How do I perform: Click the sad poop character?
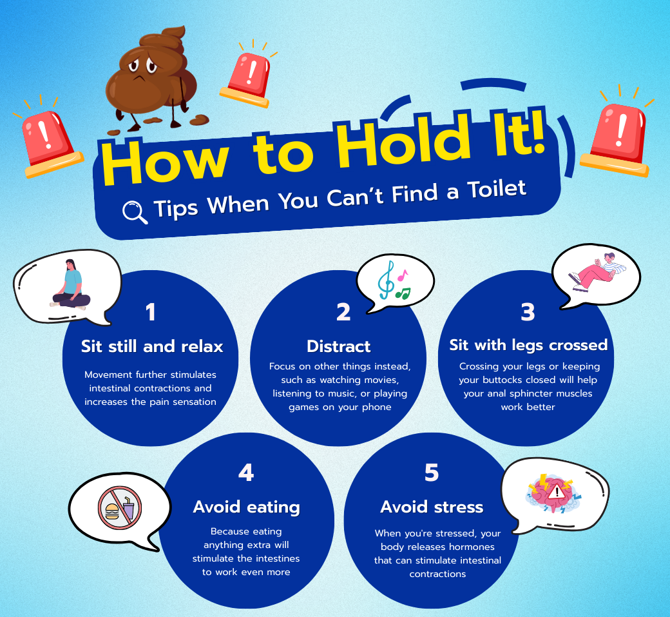pos(151,79)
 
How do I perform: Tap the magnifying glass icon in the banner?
pos(135,211)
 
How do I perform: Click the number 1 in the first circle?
pos(150,312)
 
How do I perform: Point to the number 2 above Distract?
pos(343,312)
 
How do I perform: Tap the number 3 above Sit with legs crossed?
pos(528,312)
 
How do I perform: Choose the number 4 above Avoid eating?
pos(246,473)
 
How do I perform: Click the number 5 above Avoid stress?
pos(432,473)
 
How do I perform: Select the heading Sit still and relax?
pos(152,346)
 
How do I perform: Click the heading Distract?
pos(339,346)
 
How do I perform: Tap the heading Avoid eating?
pos(247,507)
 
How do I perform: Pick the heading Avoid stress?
pos(432,507)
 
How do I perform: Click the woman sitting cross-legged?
pos(71,285)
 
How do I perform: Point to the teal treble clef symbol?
pos(386,280)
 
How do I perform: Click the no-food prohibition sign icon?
pos(120,508)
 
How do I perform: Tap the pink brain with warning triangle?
pos(554,493)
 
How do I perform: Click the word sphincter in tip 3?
pos(533,393)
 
